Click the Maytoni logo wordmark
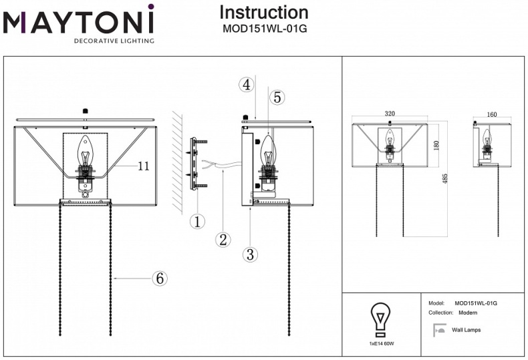click(78, 21)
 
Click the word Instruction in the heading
click(264, 12)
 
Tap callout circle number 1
click(196, 221)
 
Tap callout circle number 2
click(223, 239)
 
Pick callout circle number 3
click(249, 254)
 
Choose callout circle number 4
click(247, 84)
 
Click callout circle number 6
click(159, 278)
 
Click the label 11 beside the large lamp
click(143, 166)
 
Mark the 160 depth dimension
click(492, 114)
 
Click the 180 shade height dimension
click(436, 144)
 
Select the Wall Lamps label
click(466, 330)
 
